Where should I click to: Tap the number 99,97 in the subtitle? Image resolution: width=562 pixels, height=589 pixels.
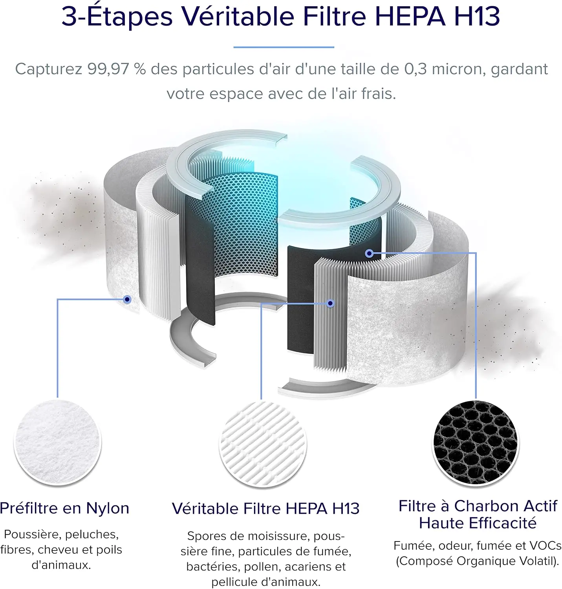click(x=108, y=69)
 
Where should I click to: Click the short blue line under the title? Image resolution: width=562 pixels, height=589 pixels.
click(x=284, y=47)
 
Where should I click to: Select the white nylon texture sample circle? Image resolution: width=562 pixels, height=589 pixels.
click(x=58, y=442)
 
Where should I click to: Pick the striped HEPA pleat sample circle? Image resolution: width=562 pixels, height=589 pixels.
click(x=263, y=444)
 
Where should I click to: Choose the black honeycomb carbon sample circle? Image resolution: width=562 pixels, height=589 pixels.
click(x=476, y=442)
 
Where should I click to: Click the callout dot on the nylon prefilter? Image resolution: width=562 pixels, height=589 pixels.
click(x=127, y=299)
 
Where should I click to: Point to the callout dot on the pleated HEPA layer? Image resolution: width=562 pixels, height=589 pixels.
click(x=330, y=303)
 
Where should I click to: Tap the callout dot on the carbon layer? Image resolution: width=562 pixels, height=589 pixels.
click(x=369, y=254)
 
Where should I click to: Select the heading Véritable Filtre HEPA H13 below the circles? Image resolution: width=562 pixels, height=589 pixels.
click(x=265, y=509)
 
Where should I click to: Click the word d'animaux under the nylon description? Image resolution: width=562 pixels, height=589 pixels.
click(x=61, y=565)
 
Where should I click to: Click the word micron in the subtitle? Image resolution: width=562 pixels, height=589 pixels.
click(x=459, y=69)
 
